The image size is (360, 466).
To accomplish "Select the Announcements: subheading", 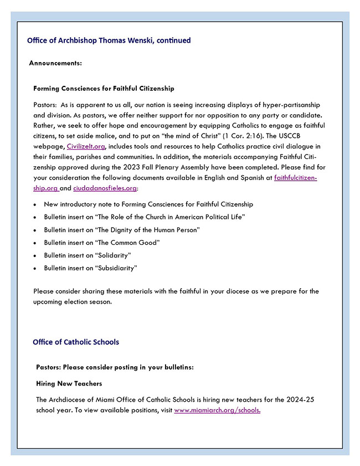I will [x=55, y=63].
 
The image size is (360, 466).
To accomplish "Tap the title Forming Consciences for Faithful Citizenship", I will [x=104, y=88].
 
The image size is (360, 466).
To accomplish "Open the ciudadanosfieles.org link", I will [x=105, y=188].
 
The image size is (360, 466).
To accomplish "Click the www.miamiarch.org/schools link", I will [x=217, y=411].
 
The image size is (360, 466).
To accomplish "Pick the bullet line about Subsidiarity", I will [x=91, y=268].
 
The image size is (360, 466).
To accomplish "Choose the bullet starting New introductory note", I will [x=148, y=204].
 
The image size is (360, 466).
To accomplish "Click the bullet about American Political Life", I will [x=144, y=217].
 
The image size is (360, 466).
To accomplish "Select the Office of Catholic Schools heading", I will [x=76, y=342].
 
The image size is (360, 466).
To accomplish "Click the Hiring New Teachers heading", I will [x=69, y=383].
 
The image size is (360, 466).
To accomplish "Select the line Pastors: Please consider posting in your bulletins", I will [x=115, y=367].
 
